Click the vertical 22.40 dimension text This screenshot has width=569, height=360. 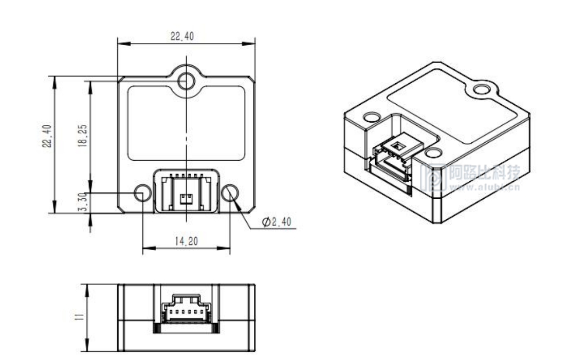[47, 136]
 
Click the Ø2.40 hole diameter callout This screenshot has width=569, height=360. [276, 222]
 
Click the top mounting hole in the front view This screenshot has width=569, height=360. [186, 80]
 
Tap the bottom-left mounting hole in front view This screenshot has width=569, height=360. [142, 193]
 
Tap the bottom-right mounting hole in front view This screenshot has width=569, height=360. [230, 193]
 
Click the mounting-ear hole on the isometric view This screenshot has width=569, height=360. [482, 90]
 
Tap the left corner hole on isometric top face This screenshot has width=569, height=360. [371, 117]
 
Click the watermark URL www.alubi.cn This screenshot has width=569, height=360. [484, 187]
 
